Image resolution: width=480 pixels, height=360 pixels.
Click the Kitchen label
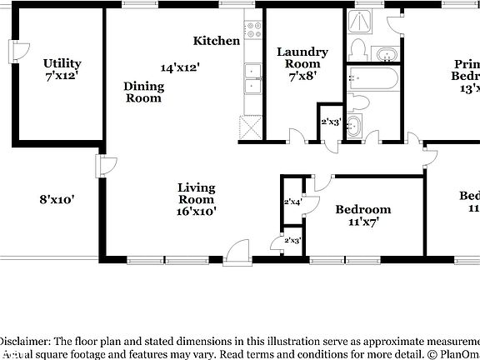point(217,41)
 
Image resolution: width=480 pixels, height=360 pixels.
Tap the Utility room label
point(62,63)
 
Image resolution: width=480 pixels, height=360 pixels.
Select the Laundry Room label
point(302,57)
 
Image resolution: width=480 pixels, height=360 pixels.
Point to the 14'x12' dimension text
point(180,67)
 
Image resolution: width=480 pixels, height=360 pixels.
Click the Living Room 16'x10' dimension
point(197,212)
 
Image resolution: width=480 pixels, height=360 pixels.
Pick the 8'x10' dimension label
point(57,200)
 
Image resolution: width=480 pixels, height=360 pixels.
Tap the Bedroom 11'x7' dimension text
point(362,222)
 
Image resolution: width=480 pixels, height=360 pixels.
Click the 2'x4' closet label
point(292,202)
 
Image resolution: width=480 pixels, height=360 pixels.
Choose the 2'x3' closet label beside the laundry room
point(330,122)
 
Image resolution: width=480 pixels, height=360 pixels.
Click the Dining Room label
point(143,92)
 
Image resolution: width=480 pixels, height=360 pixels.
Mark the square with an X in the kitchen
point(250,127)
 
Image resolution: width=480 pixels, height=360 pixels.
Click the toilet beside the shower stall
point(357,49)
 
